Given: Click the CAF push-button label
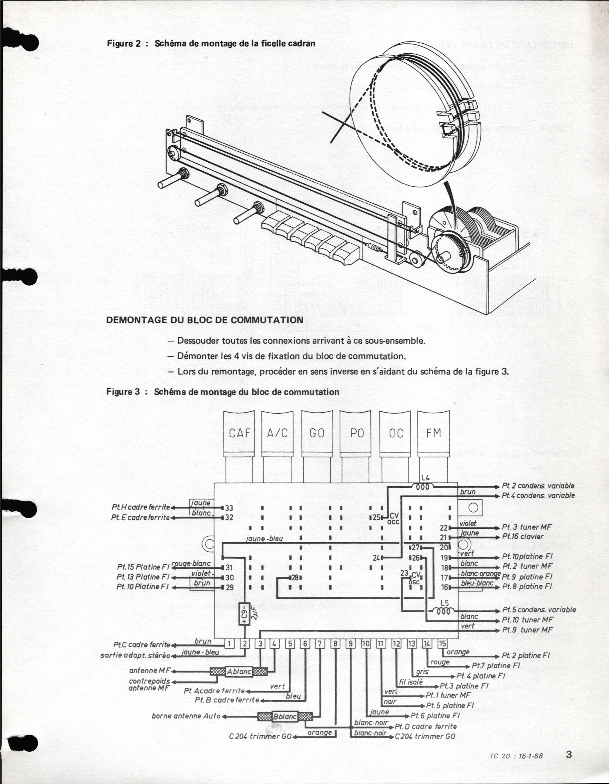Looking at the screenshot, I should tap(240, 433).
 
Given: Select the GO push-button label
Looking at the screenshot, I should tap(317, 433).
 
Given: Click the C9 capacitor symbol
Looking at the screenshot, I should tap(244, 614).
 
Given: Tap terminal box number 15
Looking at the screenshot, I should tap(442, 644).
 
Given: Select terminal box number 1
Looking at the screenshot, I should tap(229, 644).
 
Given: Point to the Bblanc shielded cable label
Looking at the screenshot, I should tap(285, 716).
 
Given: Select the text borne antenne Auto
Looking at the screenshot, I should tap(186, 716).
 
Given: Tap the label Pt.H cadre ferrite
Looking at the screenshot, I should tap(140, 507).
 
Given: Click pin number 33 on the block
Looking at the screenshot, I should tap(229, 508).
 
